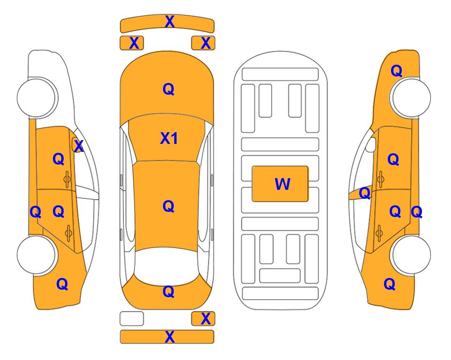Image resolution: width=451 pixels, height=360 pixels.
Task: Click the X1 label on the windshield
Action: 169,138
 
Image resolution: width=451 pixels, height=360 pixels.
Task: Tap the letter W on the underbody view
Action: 282,184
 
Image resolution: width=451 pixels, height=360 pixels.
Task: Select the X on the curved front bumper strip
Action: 170,22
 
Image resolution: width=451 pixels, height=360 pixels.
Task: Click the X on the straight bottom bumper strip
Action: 170,337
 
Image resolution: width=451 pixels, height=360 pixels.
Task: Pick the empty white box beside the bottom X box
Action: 132,319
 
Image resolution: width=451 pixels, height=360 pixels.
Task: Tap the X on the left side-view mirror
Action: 78,146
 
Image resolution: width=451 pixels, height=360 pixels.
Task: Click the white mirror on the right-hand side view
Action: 371,144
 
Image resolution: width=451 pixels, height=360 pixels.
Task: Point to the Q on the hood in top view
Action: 169,89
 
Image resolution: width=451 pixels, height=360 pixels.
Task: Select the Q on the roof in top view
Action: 169,206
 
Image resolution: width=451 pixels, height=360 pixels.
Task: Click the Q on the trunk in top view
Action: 169,292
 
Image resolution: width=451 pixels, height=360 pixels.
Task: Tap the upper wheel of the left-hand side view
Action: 37,97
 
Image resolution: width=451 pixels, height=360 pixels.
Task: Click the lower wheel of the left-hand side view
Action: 37,255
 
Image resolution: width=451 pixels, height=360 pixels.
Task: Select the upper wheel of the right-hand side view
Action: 410,97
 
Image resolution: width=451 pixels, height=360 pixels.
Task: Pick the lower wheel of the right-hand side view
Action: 411,255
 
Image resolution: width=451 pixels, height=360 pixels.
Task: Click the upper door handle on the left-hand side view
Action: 67,179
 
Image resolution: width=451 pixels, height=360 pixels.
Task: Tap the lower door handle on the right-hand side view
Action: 379,233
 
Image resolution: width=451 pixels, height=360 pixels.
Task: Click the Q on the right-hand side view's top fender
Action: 396,71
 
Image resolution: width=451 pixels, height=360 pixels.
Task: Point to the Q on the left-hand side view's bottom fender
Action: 62,284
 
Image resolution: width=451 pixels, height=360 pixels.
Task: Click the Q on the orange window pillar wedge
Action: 365,193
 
